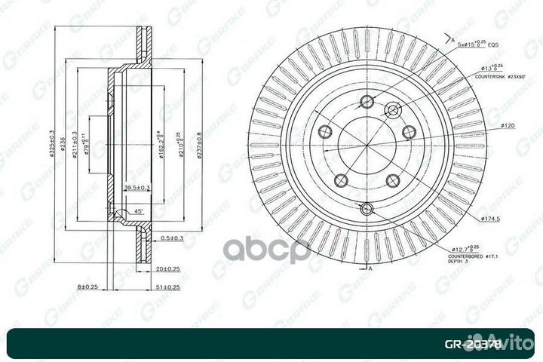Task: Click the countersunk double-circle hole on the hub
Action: [x=391, y=111]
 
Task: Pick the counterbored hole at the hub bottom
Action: [x=367, y=208]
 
